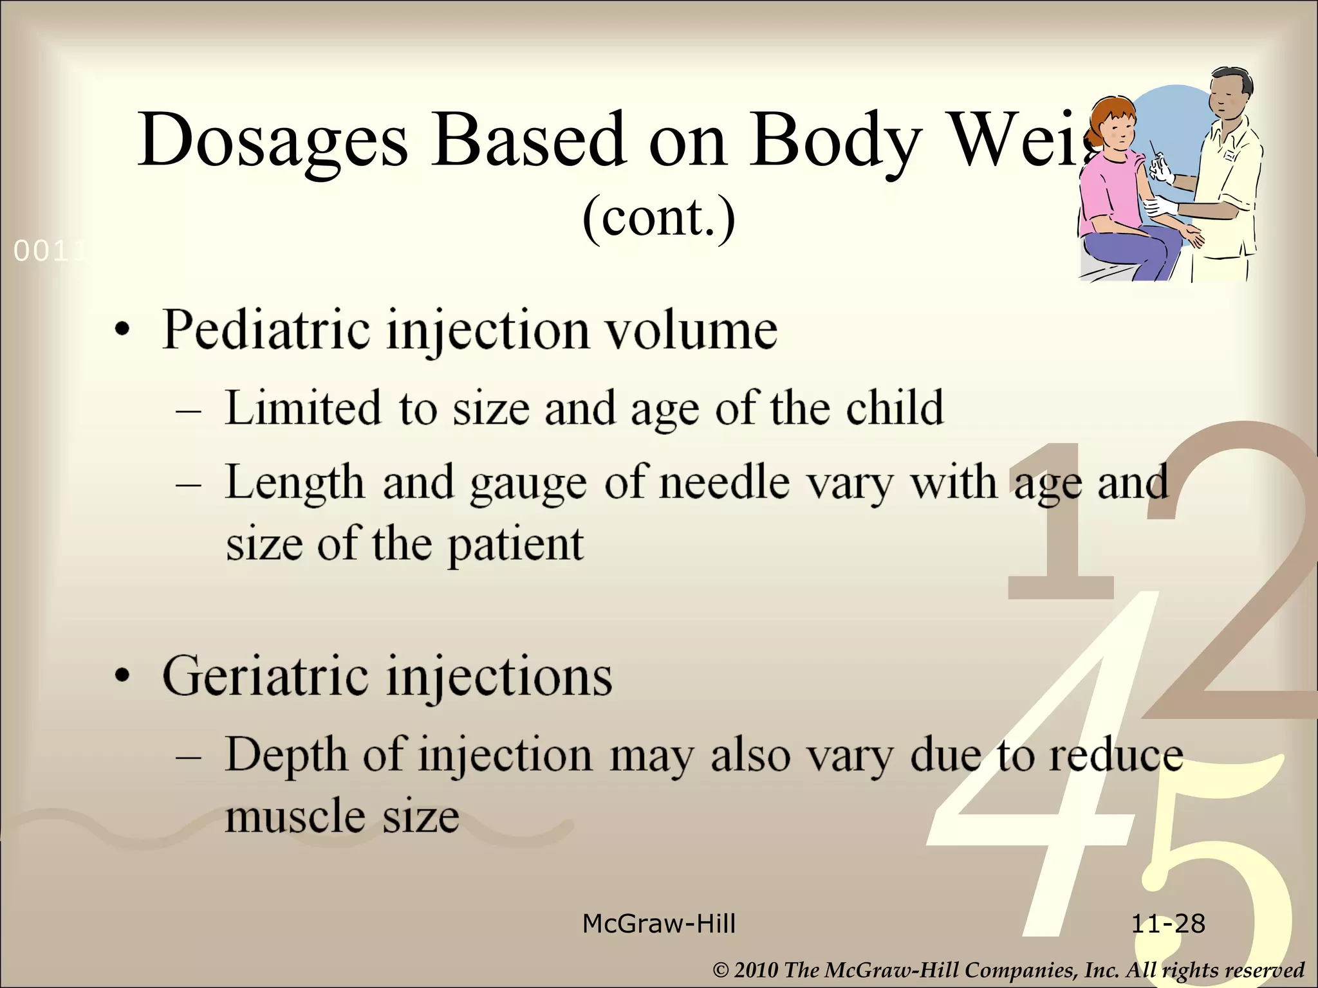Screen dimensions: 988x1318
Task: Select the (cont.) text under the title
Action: click(658, 217)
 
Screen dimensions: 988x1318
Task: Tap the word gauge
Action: click(528, 484)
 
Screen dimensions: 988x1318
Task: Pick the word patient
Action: click(515, 545)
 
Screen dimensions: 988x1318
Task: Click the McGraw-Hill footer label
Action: click(658, 924)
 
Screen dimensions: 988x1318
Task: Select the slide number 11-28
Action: click(1167, 924)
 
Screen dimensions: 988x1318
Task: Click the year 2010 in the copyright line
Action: click(756, 970)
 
